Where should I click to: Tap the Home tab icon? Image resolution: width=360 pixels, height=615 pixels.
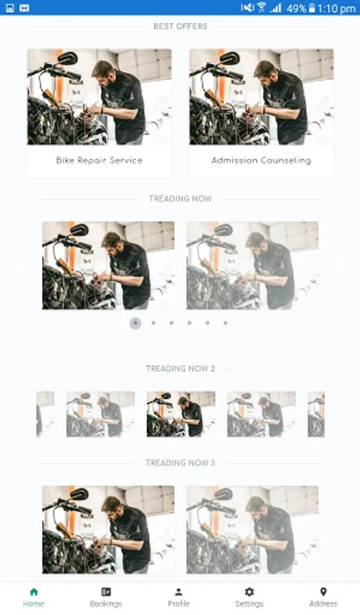click(x=33, y=592)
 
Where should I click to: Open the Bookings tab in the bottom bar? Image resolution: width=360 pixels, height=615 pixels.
click(x=106, y=592)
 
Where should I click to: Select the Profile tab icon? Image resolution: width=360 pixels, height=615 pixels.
click(x=178, y=592)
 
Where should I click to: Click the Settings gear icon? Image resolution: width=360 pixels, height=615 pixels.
click(x=249, y=592)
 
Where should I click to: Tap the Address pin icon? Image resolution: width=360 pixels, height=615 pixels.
click(x=323, y=592)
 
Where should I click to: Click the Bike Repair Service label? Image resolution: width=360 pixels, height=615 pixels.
click(x=99, y=160)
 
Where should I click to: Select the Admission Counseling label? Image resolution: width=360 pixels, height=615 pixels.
click(x=261, y=160)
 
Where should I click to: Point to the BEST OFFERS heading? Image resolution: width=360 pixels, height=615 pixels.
click(x=180, y=26)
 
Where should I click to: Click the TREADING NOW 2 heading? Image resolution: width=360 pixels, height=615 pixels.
click(x=180, y=368)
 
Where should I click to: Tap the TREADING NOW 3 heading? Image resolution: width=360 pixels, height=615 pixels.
click(x=180, y=463)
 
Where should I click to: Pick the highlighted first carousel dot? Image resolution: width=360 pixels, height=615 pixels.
click(x=135, y=323)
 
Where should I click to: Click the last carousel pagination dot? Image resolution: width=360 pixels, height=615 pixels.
click(x=225, y=323)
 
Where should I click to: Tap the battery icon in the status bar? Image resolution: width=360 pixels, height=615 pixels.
click(x=311, y=8)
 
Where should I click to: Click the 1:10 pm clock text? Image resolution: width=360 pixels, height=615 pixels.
click(x=337, y=8)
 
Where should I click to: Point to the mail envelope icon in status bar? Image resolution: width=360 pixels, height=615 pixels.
click(x=25, y=8)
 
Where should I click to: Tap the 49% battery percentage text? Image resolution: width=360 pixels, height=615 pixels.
click(x=296, y=8)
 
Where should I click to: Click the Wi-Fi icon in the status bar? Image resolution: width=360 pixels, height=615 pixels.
click(x=261, y=7)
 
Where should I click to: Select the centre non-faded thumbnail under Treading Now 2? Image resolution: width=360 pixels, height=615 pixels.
click(x=181, y=414)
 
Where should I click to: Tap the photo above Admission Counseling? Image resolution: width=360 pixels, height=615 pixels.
click(x=261, y=97)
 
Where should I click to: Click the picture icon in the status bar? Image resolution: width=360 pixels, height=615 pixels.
click(x=10, y=8)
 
